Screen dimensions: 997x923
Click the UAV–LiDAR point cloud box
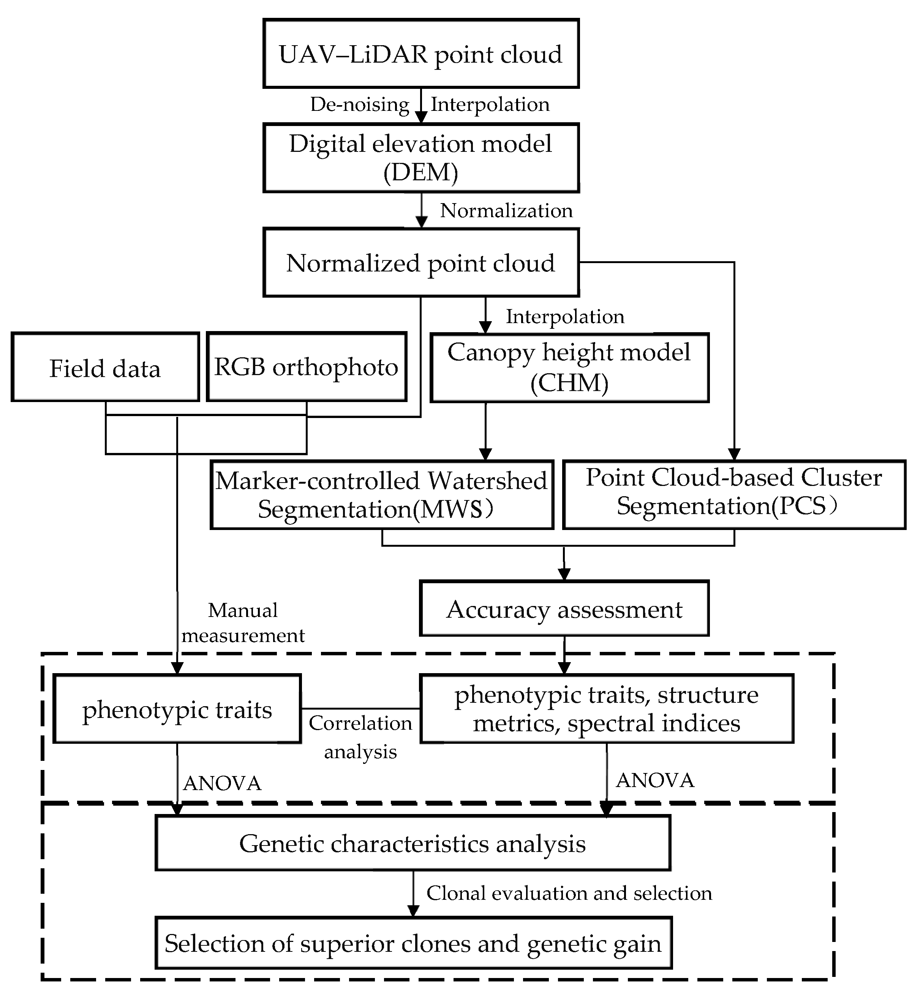click(420, 54)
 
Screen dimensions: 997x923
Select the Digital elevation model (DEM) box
click(420, 158)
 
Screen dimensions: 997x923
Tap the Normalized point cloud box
click(420, 263)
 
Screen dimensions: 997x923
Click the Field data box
click(105, 368)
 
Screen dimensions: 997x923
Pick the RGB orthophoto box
click(306, 368)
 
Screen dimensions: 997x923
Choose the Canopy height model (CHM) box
click(569, 368)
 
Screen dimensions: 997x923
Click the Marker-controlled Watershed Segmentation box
click(382, 494)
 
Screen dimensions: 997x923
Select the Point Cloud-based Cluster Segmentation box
click(734, 494)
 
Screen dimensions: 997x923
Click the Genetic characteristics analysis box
click(413, 843)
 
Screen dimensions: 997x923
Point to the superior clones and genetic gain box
click(413, 943)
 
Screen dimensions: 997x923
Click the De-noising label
click(360, 104)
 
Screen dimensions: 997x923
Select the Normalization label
click(506, 211)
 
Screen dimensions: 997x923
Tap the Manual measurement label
click(243, 623)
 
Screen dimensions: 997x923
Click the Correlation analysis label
click(360, 737)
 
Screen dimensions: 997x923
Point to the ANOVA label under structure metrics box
click(655, 780)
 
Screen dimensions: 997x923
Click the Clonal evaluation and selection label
click(569, 893)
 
